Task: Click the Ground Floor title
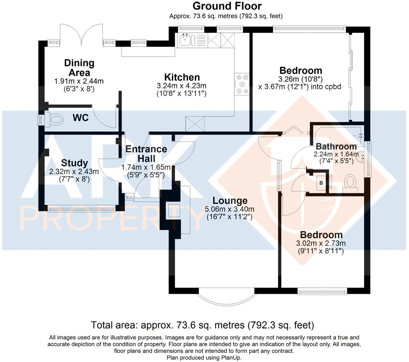point(227,6)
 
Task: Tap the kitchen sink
point(186,40)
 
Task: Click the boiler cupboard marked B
point(321,183)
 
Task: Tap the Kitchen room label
point(182,77)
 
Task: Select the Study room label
point(75,163)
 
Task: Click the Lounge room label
point(230,201)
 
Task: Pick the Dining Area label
point(79,68)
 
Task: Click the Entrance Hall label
point(146,154)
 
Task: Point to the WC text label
point(81,118)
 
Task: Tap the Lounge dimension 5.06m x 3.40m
point(230,209)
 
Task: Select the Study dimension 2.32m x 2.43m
point(74,172)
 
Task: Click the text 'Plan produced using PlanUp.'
point(204,358)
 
